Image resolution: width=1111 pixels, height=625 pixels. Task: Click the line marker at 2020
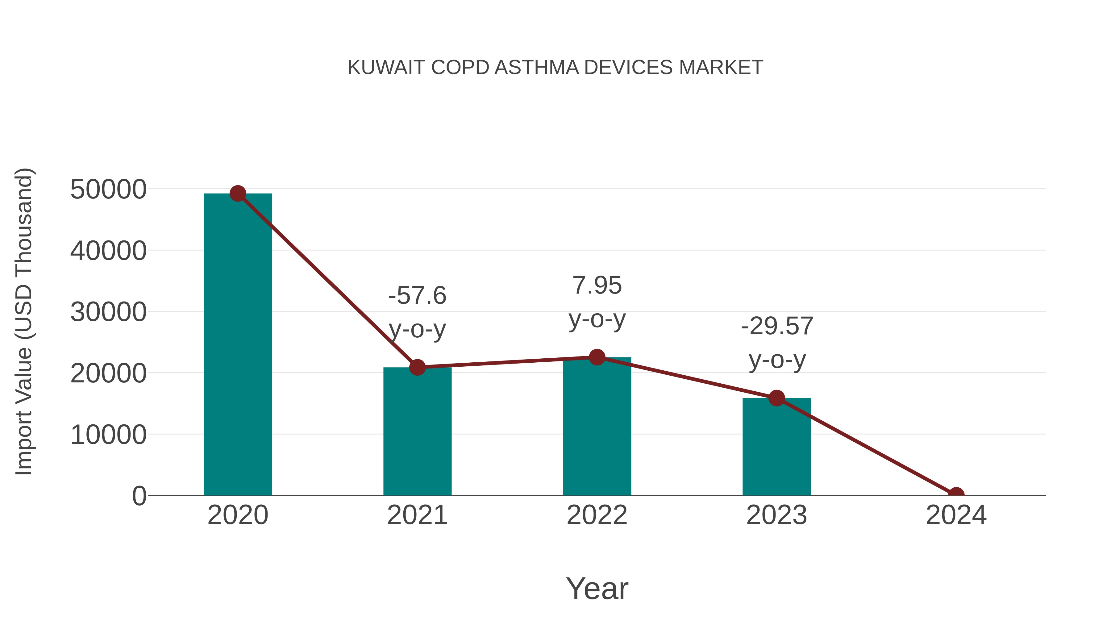(x=238, y=194)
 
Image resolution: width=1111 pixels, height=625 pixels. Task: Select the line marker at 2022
(x=597, y=357)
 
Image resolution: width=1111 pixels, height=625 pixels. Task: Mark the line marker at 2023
(x=776, y=398)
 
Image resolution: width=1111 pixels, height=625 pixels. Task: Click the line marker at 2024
(x=956, y=494)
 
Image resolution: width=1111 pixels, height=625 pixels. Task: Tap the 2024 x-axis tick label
(x=956, y=515)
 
